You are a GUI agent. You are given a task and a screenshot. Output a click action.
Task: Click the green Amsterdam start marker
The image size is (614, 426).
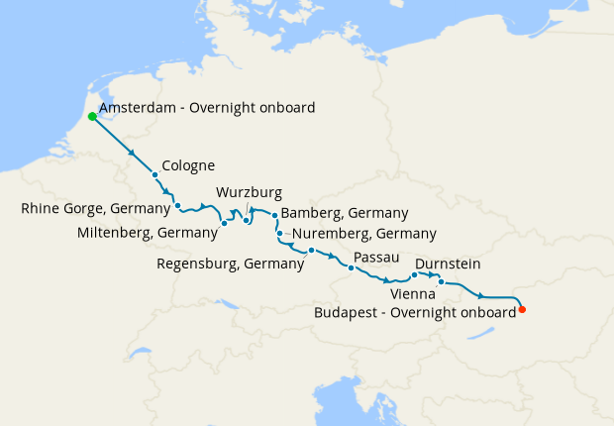(x=92, y=116)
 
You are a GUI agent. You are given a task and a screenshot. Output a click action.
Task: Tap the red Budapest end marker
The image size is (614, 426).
(x=523, y=310)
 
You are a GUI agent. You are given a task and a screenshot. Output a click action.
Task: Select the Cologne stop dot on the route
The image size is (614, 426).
(x=154, y=175)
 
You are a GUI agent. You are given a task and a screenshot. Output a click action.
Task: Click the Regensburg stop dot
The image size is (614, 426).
(x=311, y=250)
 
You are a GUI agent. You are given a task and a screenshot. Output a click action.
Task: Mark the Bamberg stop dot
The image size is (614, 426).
(x=274, y=214)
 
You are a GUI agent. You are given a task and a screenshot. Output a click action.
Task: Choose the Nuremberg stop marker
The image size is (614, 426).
(x=280, y=234)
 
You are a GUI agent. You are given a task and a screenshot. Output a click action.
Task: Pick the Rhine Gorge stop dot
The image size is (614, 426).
(x=177, y=206)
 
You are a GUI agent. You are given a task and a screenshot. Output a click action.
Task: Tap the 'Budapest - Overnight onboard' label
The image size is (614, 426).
(x=414, y=311)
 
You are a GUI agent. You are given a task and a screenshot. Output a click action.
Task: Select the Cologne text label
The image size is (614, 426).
(x=188, y=165)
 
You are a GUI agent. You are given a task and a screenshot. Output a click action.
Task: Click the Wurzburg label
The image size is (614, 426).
(x=249, y=192)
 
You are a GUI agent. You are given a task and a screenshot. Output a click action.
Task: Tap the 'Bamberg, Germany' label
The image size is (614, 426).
(x=345, y=213)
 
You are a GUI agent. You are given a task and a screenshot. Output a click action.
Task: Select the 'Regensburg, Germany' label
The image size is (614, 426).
(x=230, y=264)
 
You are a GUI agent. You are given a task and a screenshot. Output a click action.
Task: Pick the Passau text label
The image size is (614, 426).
(x=375, y=257)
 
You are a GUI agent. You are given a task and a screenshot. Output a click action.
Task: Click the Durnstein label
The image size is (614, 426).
(x=449, y=265)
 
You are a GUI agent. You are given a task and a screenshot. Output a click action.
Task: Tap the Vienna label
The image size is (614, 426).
(x=412, y=294)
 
